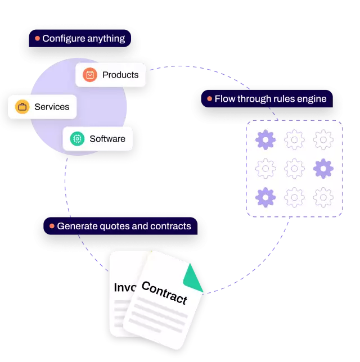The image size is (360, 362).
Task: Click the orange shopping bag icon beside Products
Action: click(x=89, y=75)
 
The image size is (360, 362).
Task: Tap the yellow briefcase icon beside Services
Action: click(x=22, y=107)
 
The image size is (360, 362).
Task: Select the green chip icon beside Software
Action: click(x=77, y=138)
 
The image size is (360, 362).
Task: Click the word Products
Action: click(x=120, y=75)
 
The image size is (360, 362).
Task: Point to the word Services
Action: click(x=52, y=107)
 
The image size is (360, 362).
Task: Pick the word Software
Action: click(x=107, y=138)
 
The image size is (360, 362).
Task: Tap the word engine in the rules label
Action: click(x=312, y=99)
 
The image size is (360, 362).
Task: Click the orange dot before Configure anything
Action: click(x=37, y=39)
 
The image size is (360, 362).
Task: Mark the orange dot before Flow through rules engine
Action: click(x=209, y=99)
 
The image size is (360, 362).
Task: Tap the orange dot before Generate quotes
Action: click(x=52, y=226)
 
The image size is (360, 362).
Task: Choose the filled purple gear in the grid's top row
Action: click(x=265, y=139)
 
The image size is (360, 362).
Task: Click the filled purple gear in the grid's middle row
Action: click(x=323, y=168)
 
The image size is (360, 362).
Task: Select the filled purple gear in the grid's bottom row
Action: click(x=265, y=197)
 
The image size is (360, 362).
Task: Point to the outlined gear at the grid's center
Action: click(x=294, y=168)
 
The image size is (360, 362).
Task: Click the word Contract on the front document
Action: click(x=164, y=292)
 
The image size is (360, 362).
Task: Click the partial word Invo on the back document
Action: click(x=125, y=287)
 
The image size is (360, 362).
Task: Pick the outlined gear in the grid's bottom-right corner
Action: click(x=323, y=197)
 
